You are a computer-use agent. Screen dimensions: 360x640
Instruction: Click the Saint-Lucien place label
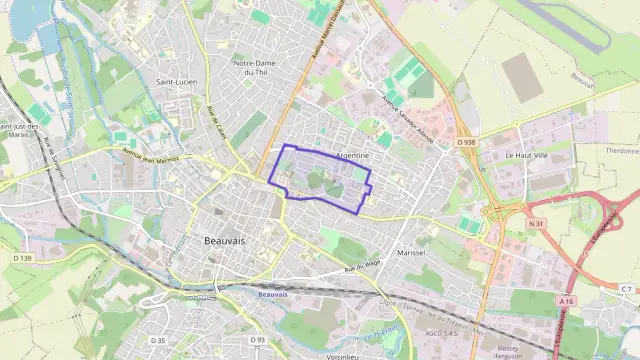(x=176, y=82)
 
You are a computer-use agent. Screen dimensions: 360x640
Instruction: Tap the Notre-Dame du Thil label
(x=254, y=68)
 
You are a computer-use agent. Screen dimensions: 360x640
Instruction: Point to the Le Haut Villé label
(x=526, y=156)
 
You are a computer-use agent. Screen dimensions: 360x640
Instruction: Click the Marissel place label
(x=410, y=253)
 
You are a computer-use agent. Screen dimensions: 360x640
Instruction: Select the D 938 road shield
(x=466, y=143)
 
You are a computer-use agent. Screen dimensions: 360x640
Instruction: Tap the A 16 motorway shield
(x=567, y=301)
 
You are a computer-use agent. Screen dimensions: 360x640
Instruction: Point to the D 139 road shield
(x=23, y=258)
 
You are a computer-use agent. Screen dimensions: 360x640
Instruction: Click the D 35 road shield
(x=157, y=341)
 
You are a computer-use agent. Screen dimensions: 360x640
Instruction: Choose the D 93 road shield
(x=257, y=340)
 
